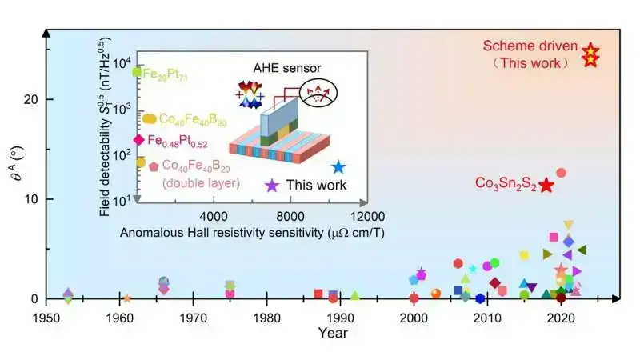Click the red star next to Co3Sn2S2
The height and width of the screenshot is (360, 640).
tap(546, 185)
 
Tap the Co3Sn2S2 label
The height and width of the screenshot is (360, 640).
tap(504, 183)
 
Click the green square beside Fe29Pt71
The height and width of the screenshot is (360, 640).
tap(137, 72)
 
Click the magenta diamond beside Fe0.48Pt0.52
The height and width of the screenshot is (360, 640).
tap(138, 139)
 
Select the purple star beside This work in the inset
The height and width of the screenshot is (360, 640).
tap(272, 185)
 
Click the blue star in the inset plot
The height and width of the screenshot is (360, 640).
tap(338, 167)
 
